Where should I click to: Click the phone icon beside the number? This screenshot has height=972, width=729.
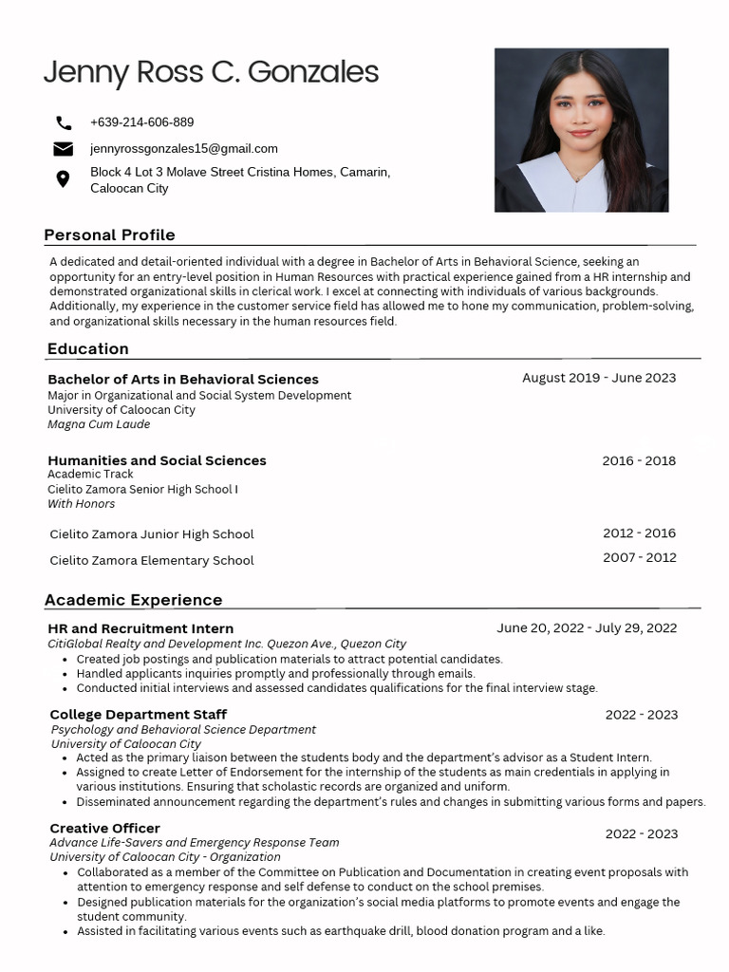(x=64, y=122)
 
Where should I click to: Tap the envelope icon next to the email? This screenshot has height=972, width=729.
(x=64, y=149)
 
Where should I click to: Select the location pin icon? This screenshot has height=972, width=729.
(x=64, y=179)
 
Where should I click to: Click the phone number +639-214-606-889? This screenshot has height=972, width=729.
(x=141, y=122)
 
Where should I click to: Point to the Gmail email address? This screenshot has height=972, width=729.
(x=183, y=149)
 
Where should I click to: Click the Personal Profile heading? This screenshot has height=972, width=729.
(x=109, y=234)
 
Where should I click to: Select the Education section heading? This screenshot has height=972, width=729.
(x=88, y=348)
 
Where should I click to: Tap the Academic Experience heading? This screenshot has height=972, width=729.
(x=134, y=600)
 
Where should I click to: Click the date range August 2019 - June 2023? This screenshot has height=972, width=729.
(x=599, y=378)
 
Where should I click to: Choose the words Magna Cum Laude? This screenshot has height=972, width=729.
(x=99, y=424)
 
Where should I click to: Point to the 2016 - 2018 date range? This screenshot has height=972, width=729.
(x=639, y=461)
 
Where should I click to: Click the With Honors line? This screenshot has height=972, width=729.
(x=82, y=504)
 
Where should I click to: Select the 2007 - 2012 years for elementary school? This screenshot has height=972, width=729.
(x=639, y=558)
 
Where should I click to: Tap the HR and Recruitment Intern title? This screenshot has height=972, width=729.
(x=140, y=628)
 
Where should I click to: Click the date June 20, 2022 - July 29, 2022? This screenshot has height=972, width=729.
(x=587, y=628)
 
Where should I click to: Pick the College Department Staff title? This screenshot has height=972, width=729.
(x=139, y=714)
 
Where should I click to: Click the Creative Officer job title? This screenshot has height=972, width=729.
(x=104, y=828)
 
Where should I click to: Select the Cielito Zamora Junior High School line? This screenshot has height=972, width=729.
(x=152, y=534)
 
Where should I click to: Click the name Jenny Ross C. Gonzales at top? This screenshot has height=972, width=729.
(x=211, y=72)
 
